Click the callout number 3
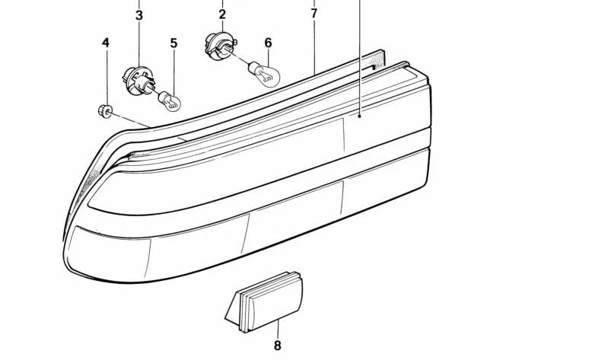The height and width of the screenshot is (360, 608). tap(139, 16)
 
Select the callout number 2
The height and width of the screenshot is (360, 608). tap(221, 14)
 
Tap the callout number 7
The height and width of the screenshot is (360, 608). tap(314, 14)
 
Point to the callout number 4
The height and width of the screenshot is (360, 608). tap(106, 43)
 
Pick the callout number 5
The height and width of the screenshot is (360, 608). tap(173, 43)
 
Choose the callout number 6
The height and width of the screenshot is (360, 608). tap(269, 43)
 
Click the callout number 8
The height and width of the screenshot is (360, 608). tap(277, 345)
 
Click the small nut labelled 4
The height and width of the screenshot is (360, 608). tap(105, 111)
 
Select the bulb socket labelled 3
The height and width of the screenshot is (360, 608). tap(138, 81)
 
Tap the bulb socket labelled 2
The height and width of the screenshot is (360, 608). tap(219, 46)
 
